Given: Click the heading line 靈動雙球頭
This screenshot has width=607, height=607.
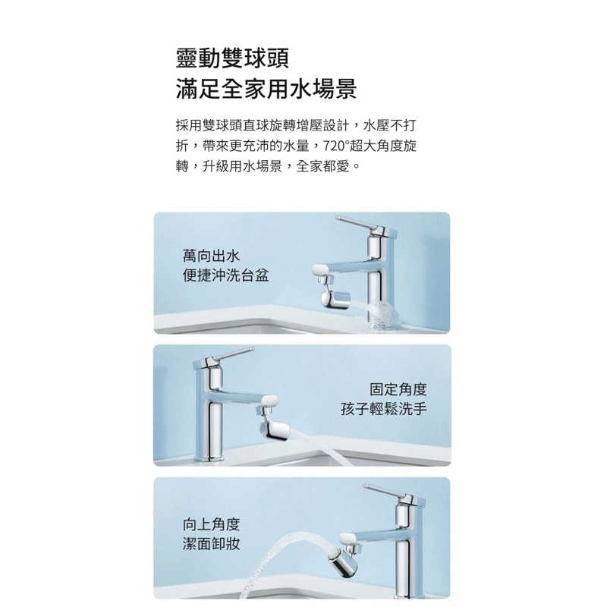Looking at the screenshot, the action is [232, 58].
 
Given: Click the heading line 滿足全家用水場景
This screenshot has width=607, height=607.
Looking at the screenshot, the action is [266, 89].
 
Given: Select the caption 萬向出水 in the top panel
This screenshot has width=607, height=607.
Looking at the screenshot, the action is [212, 256].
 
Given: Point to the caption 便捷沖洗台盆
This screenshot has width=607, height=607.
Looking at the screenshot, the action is [225, 275].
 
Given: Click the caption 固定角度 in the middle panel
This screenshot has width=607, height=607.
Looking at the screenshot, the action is [398, 389].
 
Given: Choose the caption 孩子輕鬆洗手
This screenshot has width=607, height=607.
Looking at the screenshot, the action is [384, 409].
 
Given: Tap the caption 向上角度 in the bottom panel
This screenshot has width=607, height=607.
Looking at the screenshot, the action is [212, 524].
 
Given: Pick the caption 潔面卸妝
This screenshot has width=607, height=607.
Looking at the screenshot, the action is [212, 544].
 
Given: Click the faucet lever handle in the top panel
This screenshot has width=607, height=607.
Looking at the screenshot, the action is [356, 223].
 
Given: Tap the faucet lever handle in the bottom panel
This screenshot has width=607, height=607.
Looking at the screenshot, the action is [385, 491].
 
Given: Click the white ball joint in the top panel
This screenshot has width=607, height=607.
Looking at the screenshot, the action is [319, 270].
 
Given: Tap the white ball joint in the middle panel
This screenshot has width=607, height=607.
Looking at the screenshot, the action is [269, 401].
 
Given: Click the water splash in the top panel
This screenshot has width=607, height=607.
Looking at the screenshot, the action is [382, 316].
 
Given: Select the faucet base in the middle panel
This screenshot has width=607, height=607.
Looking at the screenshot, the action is [210, 458].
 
